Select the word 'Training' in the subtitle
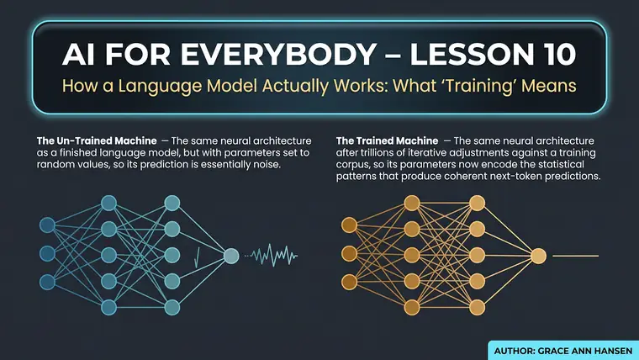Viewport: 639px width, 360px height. (494, 87)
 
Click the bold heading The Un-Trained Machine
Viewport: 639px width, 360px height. (97, 141)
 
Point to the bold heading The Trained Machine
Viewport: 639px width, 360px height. (387, 141)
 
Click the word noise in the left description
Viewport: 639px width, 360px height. (267, 164)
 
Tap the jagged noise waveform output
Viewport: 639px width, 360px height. (272, 256)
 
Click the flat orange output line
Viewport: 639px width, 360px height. (575, 256)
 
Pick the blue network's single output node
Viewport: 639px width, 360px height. (231, 256)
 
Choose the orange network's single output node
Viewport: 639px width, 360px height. (538, 256)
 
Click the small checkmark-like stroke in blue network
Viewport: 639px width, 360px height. (198, 257)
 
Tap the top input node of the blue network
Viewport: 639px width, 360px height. (47, 225)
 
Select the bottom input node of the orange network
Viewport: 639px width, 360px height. (349, 281)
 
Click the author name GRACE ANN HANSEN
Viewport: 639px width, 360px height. (585, 351)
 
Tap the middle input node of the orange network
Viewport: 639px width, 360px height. (349, 253)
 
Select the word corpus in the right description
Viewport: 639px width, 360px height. (351, 165)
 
